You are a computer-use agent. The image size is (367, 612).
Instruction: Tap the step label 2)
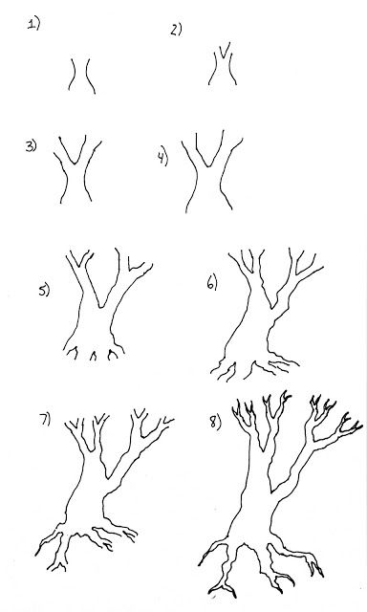coord(176,30)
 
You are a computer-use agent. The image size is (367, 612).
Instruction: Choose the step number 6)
coord(213,283)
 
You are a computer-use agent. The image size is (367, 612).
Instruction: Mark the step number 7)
coord(44,422)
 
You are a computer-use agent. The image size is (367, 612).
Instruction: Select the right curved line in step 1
coord(87,75)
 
